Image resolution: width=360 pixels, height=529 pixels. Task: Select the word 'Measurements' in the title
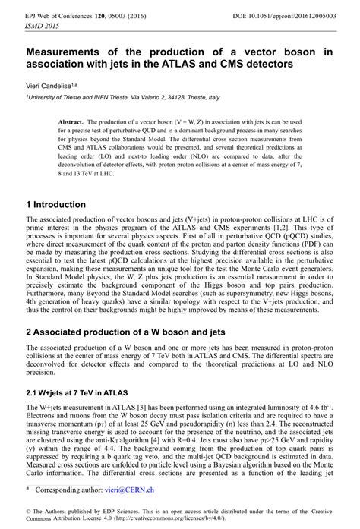(66, 51)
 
